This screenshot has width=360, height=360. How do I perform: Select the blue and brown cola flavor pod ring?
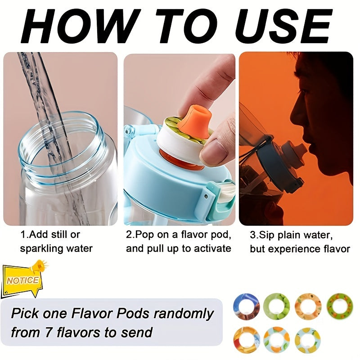246,306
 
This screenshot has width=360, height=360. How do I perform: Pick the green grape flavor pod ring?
277,306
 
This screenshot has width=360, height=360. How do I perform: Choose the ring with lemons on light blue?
308,340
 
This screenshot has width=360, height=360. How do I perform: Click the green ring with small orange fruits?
339,306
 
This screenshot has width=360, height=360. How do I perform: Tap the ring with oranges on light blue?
277,340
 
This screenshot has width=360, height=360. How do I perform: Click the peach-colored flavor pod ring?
308,306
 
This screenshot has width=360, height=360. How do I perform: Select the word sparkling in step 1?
40,248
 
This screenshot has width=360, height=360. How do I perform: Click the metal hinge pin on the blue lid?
207,195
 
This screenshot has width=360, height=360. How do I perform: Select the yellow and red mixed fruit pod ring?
246,340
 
